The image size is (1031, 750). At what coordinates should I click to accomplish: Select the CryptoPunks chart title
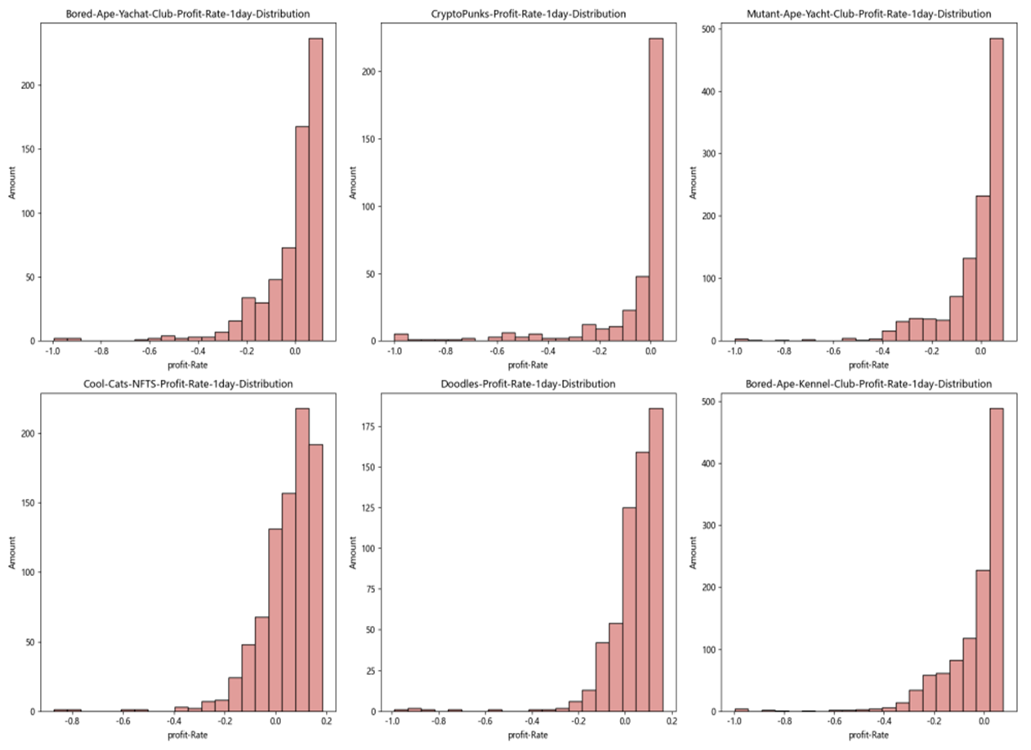coord(527,14)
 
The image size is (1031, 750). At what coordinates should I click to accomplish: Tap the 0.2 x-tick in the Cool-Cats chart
coord(326,722)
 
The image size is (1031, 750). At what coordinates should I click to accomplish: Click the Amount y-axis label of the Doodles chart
coord(353,552)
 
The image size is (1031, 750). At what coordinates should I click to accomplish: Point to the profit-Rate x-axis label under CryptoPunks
coord(527,364)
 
